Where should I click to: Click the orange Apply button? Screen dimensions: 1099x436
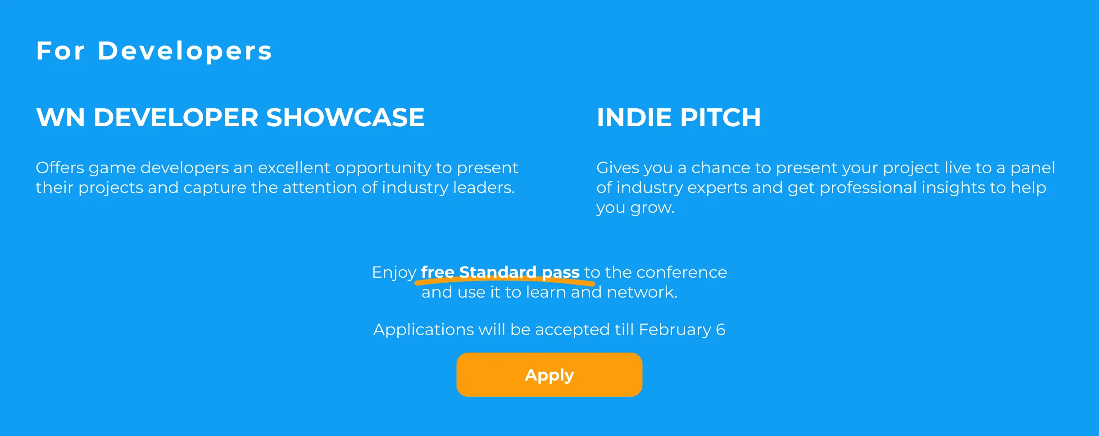pos(549,375)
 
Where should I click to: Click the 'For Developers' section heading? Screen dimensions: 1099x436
pos(154,50)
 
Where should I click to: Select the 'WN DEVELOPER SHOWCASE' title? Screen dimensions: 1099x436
pos(230,117)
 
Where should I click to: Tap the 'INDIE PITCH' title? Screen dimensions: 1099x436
pos(679,117)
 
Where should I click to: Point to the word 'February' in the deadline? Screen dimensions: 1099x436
pos(675,330)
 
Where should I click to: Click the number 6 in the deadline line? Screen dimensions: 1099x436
pos(721,330)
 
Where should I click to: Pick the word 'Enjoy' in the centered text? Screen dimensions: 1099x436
pos(394,273)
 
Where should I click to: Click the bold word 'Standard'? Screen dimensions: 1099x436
pos(498,272)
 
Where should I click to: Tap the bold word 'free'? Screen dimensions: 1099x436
pos(437,272)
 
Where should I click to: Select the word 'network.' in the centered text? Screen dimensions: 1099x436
pos(642,292)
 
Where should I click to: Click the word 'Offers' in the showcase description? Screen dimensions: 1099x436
pos(60,168)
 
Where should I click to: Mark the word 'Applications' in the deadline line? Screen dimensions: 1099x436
pos(423,330)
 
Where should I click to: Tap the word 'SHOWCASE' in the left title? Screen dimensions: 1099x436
pos(345,117)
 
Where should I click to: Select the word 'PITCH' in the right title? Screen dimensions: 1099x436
pos(721,117)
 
